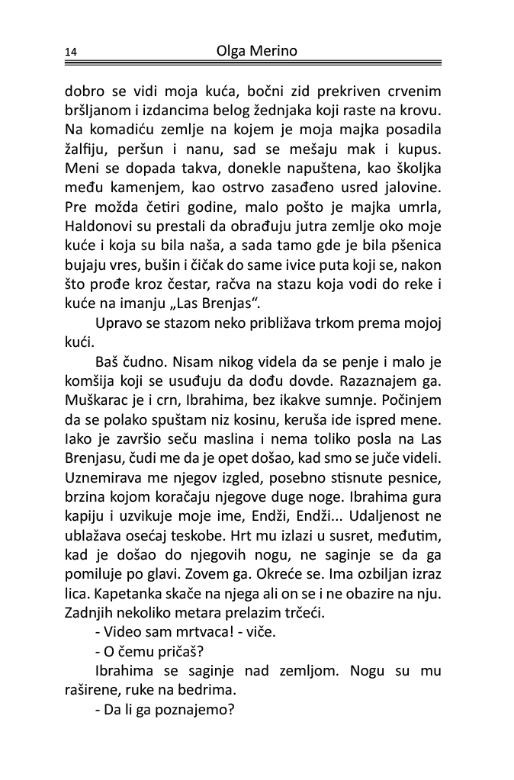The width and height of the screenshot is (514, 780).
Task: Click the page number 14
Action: [71, 53]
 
